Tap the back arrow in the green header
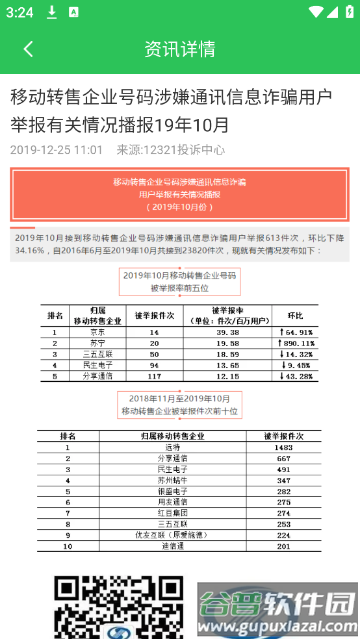click(x=28, y=49)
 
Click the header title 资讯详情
click(x=180, y=49)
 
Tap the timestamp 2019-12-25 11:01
click(x=57, y=150)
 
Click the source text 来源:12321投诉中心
click(x=170, y=150)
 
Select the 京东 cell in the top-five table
click(x=97, y=332)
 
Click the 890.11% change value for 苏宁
click(x=296, y=343)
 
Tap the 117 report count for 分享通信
click(x=154, y=376)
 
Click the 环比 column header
click(x=296, y=316)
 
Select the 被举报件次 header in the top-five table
click(x=154, y=316)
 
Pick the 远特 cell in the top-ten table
click(x=172, y=447)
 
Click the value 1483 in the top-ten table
click(x=283, y=447)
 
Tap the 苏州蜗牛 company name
click(x=172, y=481)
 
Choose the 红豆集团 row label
click(x=172, y=514)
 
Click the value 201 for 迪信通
click(x=283, y=547)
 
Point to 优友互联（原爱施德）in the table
click(x=172, y=536)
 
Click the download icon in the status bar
click(x=52, y=12)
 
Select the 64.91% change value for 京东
click(x=296, y=332)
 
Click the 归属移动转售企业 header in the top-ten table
click(x=172, y=436)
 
